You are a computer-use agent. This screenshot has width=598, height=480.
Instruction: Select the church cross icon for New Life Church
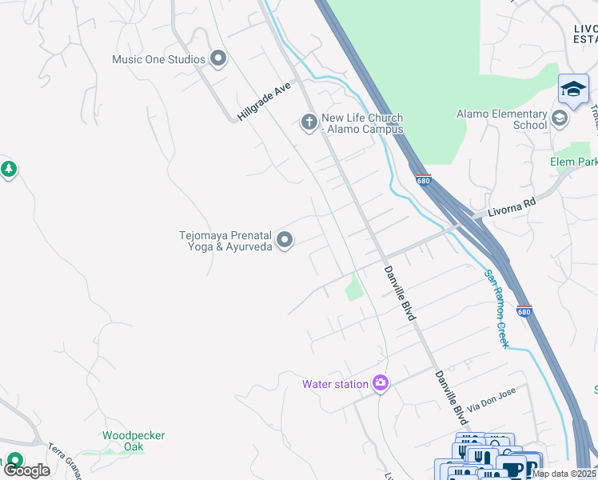tap(309, 122)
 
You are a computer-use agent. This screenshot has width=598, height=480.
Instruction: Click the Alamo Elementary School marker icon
tap(560, 119)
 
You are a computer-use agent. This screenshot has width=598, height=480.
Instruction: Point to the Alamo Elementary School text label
tap(501, 119)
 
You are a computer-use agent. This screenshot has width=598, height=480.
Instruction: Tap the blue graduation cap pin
tap(573, 90)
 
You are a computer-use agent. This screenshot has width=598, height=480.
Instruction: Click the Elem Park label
tap(573, 162)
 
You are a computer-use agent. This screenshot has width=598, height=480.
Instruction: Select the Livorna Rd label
tap(508, 207)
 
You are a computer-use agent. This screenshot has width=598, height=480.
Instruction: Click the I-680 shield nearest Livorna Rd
tap(424, 180)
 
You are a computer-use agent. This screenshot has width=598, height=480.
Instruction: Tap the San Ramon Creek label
tap(496, 308)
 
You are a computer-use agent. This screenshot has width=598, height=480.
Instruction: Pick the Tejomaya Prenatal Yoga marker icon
tap(285, 240)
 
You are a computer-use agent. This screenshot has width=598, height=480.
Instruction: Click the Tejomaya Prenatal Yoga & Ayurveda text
tap(225, 241)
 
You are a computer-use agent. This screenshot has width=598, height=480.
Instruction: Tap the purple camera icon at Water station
tap(381, 384)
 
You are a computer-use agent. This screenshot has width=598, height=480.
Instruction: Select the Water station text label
tap(335, 384)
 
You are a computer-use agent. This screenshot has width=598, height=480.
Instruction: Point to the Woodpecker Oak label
tap(134, 441)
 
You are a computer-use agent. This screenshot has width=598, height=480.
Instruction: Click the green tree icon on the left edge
tap(8, 170)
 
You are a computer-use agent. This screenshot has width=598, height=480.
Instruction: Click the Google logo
tap(26, 470)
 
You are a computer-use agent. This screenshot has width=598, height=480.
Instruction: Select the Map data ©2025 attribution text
tap(564, 474)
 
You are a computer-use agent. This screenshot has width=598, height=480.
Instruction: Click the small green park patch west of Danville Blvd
tap(354, 287)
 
